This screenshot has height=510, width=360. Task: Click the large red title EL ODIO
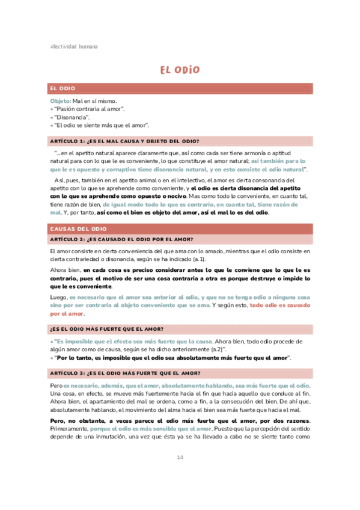(x=180, y=70)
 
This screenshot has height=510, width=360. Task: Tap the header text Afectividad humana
(x=73, y=46)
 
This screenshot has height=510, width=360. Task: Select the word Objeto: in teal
(x=61, y=101)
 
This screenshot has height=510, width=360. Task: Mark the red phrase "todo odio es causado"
(x=279, y=305)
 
